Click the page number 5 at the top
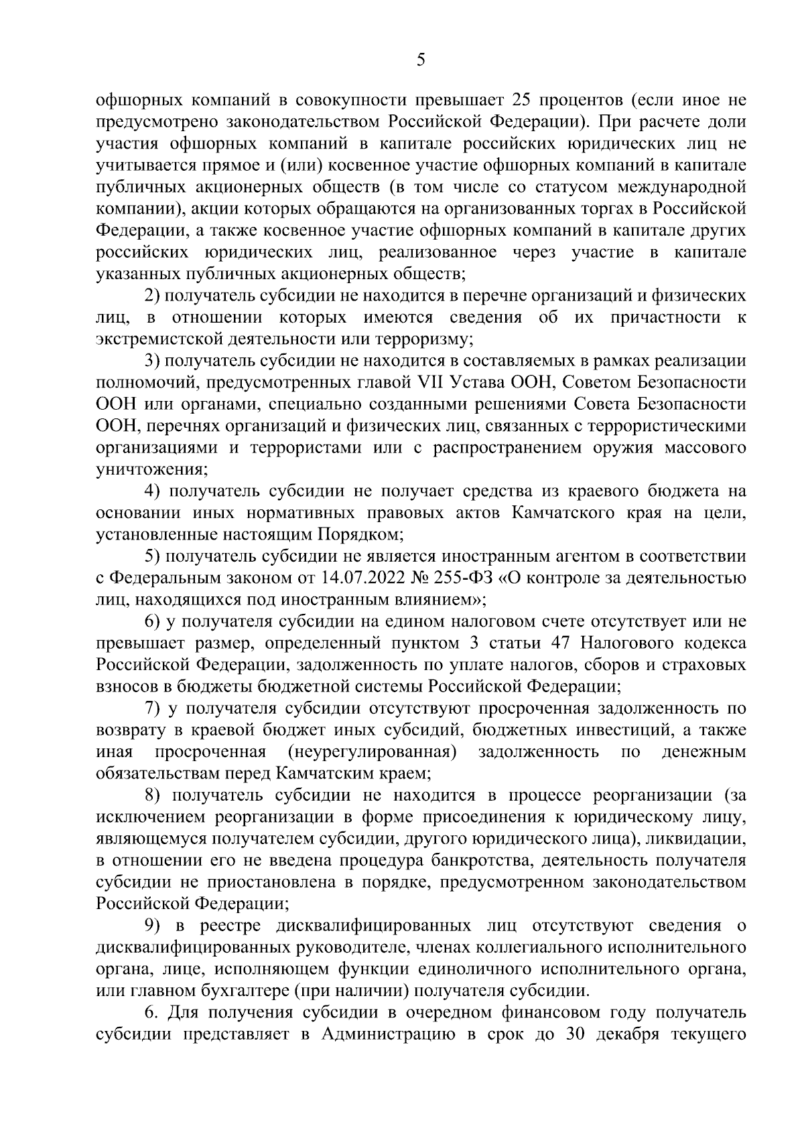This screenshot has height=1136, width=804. point(421,61)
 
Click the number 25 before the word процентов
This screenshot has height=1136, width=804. point(523,100)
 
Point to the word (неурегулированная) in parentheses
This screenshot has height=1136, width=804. point(372,752)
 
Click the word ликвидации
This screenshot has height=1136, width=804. point(700,839)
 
